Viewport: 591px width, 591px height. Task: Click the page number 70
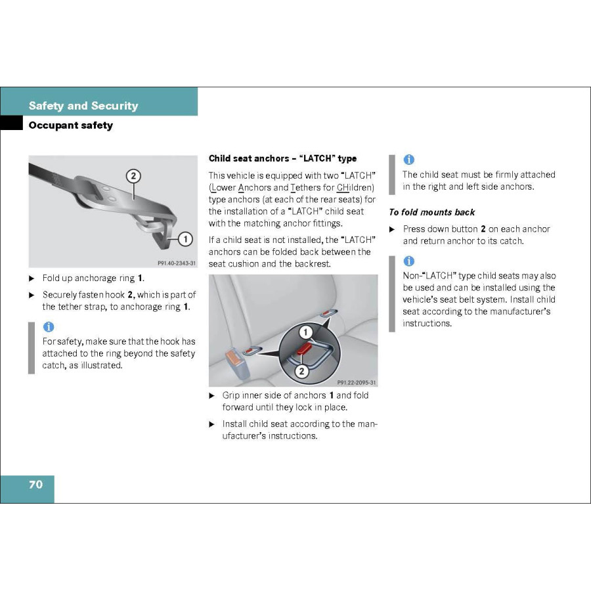tap(35, 485)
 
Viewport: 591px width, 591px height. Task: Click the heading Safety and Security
tap(83, 106)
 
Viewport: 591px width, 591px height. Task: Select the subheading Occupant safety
tap(70, 125)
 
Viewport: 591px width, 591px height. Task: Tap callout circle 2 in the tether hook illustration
tap(133, 176)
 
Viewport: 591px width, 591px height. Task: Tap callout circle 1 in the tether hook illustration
tap(186, 239)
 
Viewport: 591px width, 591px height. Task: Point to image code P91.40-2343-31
tap(177, 263)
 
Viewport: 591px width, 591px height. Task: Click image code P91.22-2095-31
tap(357, 382)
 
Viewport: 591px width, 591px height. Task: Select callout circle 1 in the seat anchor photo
tap(306, 333)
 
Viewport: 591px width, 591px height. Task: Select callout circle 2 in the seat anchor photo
tap(301, 370)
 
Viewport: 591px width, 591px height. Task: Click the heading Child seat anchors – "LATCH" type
tap(282, 158)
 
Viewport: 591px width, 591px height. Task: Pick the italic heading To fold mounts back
tap(431, 212)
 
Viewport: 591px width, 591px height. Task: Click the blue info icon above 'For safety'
tap(49, 326)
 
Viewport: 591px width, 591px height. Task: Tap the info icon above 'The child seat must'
tap(408, 160)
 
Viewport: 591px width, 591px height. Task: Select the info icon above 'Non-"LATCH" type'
tap(408, 261)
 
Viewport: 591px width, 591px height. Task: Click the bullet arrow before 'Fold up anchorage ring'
tap(32, 278)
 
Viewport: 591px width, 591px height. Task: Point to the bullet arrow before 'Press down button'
tap(393, 229)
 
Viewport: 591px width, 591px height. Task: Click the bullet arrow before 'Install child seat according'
tap(212, 424)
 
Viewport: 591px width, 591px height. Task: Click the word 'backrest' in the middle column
tap(313, 263)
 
